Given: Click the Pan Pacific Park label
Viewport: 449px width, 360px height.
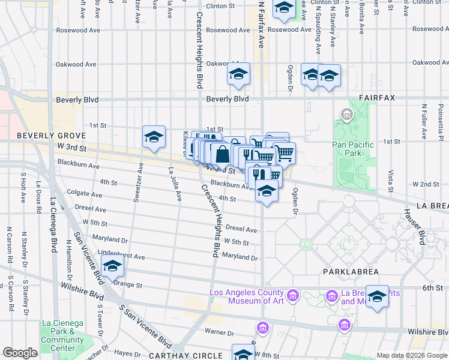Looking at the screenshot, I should pos(353,149).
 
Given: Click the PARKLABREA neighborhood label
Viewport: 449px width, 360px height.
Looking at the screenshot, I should pos(351,272).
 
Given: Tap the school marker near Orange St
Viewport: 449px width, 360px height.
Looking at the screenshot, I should pos(112,265).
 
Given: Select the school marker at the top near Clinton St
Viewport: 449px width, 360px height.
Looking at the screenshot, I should pos(284,8).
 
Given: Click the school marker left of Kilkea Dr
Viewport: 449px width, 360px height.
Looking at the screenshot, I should pos(154,137).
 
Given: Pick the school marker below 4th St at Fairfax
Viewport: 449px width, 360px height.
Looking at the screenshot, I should pos(267,192).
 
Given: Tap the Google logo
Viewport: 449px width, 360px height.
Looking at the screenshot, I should pos(20,353).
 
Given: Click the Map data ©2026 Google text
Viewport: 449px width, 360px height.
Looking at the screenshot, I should pos(411,355).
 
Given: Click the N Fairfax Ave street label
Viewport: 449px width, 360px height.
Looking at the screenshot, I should pos(261,24).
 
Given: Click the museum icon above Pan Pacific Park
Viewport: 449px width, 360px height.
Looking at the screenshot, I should pos(346,113).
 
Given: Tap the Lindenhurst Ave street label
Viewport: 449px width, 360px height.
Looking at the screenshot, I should pos(122,256).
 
